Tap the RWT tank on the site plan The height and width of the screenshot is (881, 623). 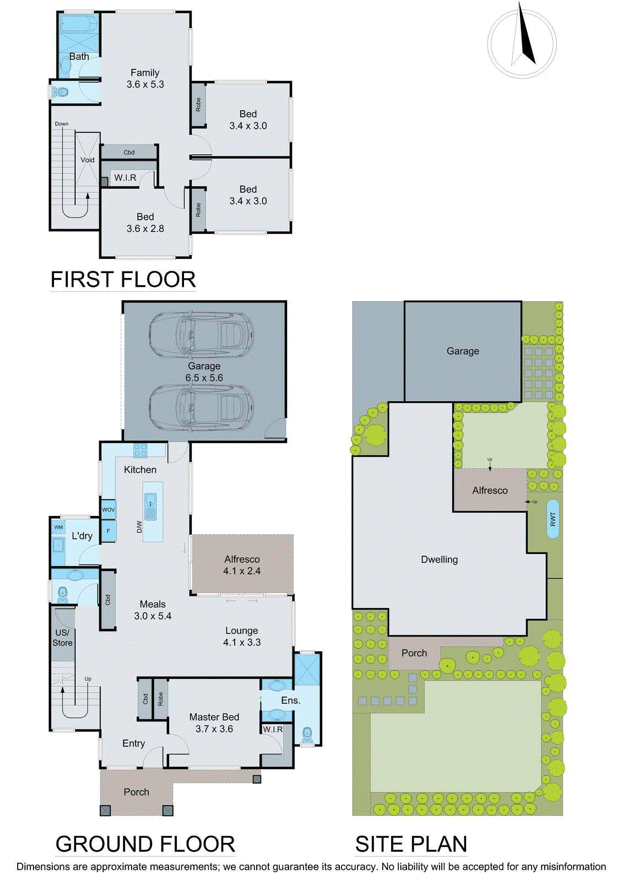553,519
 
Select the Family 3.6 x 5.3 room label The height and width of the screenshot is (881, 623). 145,78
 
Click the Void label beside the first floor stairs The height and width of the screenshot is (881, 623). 88,160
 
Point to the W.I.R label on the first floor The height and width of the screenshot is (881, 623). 125,178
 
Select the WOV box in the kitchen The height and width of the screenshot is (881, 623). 109,510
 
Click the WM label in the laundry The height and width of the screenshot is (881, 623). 58,527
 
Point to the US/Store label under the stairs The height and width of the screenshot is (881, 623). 63,638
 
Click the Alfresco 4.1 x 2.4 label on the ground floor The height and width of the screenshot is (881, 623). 242,565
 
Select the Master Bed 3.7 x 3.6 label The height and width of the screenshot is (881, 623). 214,722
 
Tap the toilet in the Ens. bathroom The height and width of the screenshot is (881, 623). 307,735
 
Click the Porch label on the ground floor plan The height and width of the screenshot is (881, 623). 136,792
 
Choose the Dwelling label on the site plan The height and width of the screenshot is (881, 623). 439,559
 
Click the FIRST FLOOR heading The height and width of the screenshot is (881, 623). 123,280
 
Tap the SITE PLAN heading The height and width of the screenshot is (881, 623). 411,844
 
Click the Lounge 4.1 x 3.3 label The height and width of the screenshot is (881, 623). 242,637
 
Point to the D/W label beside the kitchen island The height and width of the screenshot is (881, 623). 139,527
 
